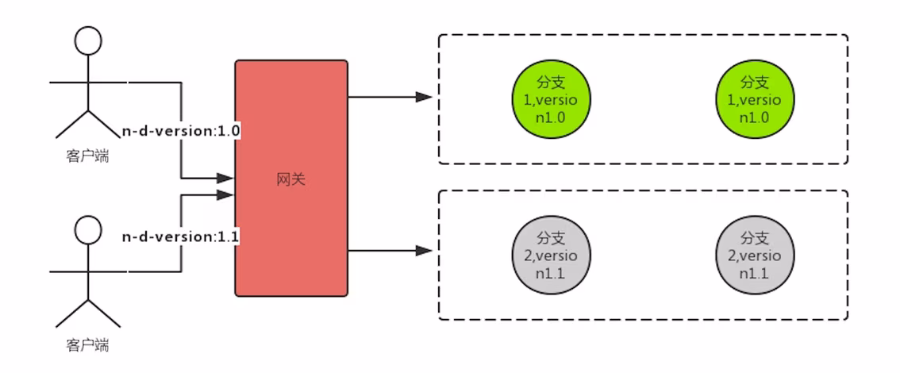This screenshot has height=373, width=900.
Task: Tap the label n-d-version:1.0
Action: click(180, 131)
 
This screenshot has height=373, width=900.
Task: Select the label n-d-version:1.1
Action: click(180, 237)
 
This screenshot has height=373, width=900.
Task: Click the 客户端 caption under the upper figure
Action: click(87, 156)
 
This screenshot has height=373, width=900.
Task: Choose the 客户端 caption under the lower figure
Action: click(87, 345)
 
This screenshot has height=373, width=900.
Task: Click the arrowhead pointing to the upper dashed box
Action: click(425, 97)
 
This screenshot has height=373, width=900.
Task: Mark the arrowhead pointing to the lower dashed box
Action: click(425, 252)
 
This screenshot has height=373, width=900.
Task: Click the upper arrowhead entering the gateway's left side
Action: click(226, 179)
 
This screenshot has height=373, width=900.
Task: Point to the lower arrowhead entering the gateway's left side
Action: click(226, 194)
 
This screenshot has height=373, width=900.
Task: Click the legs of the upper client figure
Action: click(87, 123)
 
